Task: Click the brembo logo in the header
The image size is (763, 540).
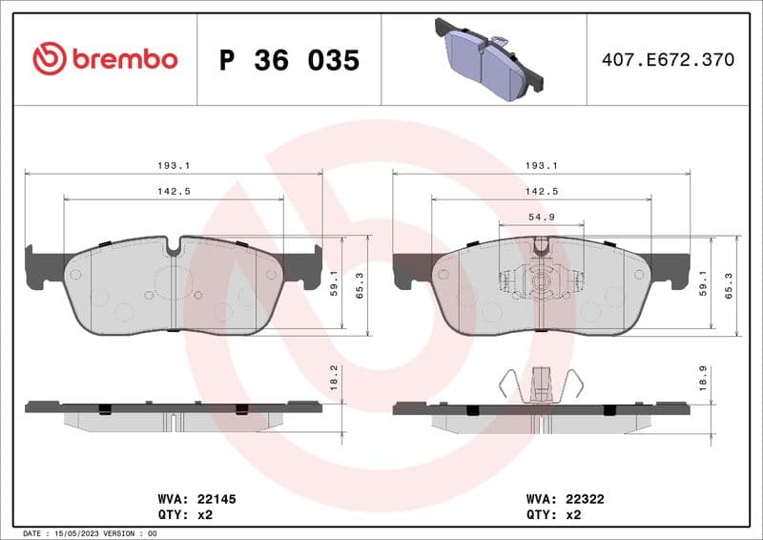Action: click(105, 59)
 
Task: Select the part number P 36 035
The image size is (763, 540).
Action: click(289, 60)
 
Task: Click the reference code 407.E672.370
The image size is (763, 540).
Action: click(668, 60)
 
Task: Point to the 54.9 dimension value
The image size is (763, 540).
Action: click(542, 218)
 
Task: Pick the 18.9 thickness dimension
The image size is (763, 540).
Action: click(703, 379)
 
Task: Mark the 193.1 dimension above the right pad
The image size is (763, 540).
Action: click(542, 165)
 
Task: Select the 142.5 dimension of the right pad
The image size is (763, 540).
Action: click(542, 191)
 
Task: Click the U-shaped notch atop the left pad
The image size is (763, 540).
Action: click(173, 247)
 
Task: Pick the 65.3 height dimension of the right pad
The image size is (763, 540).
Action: click(729, 285)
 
